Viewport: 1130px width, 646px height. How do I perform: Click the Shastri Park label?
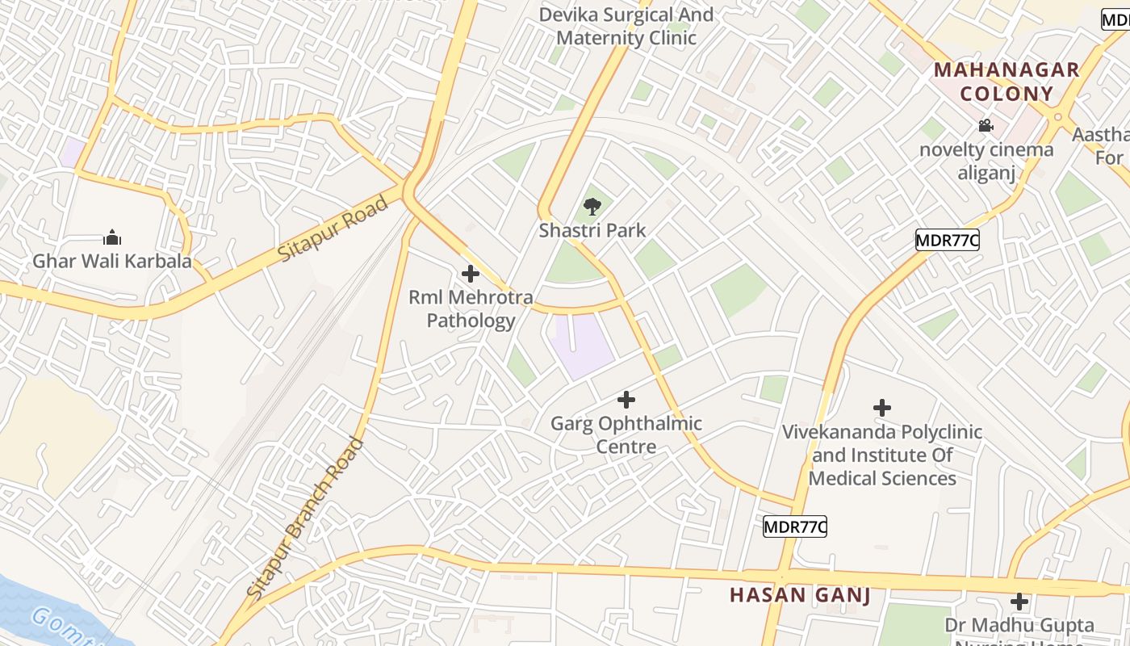coord(592,231)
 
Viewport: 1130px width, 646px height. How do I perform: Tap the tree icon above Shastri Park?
coord(592,206)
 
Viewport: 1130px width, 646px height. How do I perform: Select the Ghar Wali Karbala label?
coord(112,261)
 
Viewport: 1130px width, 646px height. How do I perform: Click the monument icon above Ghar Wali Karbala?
coord(112,237)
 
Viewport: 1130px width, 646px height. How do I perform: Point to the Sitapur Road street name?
coord(333,227)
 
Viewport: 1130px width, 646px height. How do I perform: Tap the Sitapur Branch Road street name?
coord(306,518)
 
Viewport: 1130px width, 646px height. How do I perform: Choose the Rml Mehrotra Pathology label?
coord(471,309)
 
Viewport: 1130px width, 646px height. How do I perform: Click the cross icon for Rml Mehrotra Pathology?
coord(470,274)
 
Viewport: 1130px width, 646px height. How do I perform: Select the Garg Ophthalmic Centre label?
coord(626,435)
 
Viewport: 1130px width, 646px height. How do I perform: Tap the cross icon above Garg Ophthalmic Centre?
coord(626,399)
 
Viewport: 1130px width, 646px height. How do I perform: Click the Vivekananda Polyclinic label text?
coord(882,455)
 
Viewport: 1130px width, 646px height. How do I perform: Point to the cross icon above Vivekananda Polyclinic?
coord(882,408)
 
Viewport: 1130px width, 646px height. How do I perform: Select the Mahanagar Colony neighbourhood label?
coord(1007,82)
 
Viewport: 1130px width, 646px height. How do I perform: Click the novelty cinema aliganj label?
coord(986,161)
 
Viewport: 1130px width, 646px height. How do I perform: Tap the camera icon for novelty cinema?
coord(986,125)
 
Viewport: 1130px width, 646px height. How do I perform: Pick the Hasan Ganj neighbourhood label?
coord(800,595)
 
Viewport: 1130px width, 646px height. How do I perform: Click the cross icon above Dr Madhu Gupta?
coord(1019,602)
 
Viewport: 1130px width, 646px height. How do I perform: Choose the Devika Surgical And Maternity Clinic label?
coord(626,26)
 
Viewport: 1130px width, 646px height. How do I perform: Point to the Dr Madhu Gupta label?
coord(1019,626)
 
